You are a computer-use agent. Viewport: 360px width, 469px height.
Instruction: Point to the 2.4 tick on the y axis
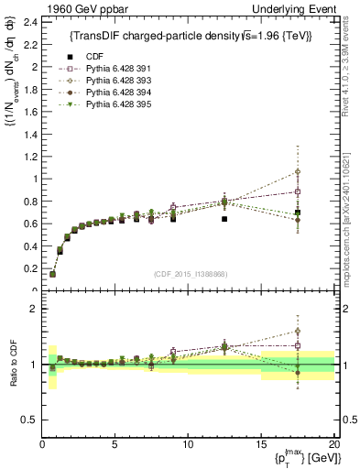29,22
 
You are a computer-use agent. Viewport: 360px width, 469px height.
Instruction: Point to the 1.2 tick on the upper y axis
29,157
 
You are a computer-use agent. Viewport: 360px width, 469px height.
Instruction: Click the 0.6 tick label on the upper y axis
29,224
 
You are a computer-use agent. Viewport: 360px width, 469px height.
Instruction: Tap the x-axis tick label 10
188,445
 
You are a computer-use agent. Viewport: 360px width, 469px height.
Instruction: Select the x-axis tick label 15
260,445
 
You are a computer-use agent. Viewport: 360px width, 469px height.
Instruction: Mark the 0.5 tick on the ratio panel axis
29,420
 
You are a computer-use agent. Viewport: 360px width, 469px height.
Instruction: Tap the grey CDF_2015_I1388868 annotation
189,273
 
